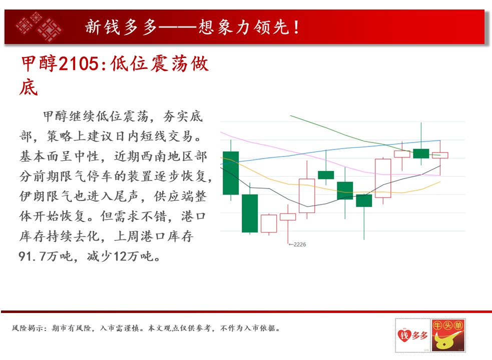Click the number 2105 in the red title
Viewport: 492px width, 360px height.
79,63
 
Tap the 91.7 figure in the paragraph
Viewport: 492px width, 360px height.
32,256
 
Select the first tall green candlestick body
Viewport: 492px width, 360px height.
231,173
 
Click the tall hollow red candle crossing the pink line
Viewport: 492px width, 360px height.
383,178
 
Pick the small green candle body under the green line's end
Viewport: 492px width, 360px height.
421,153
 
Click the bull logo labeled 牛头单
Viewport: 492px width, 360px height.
448,335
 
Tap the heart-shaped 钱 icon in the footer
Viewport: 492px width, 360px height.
404,335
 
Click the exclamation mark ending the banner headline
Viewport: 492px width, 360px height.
296,27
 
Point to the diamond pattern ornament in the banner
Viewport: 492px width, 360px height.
40,27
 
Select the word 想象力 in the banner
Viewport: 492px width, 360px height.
225,27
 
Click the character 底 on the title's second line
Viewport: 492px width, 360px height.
29,87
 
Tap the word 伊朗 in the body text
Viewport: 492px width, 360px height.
33,196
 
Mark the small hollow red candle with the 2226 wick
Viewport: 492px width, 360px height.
288,216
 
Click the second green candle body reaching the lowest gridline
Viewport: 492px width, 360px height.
250,213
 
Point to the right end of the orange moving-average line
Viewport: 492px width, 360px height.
440,181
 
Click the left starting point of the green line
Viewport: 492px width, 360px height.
290,115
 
